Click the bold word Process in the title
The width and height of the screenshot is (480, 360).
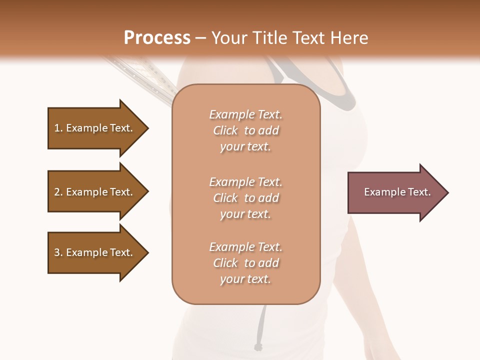tap(157, 37)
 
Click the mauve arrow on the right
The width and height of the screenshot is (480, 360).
tap(395, 192)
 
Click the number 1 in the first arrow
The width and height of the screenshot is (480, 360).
tap(57, 128)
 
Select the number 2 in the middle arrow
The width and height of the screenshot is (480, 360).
tap(57, 192)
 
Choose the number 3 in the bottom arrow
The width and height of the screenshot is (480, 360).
tap(57, 252)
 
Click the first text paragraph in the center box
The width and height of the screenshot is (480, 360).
tap(245, 130)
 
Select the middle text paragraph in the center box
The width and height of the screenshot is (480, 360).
tap(245, 198)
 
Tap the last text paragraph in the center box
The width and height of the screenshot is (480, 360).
tap(245, 263)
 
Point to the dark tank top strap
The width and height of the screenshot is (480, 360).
tap(345, 95)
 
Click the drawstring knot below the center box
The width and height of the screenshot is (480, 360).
tap(258, 346)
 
